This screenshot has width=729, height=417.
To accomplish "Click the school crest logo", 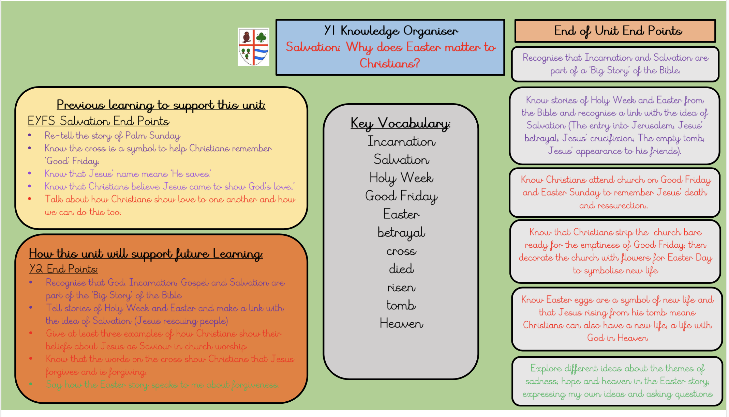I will (x=253, y=47).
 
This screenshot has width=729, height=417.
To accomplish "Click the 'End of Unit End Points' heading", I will (x=618, y=31).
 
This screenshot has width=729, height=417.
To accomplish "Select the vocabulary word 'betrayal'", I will (x=401, y=233).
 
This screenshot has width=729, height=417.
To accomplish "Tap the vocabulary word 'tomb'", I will (x=401, y=305).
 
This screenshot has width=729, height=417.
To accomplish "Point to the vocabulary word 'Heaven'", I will (x=401, y=323).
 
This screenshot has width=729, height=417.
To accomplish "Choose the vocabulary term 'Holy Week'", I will (x=401, y=178).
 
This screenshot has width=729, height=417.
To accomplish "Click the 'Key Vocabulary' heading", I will (x=400, y=123).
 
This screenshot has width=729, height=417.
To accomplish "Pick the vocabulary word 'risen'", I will (x=401, y=288).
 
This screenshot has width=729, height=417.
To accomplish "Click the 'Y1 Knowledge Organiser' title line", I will (x=391, y=31).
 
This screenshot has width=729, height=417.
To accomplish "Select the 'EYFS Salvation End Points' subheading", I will (x=98, y=121).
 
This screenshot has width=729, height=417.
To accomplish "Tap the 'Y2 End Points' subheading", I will (x=63, y=269).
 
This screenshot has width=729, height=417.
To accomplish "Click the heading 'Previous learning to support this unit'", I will (x=161, y=105).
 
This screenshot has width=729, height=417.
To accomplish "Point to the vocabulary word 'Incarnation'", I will (x=401, y=141).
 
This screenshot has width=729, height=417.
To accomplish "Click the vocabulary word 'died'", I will (x=401, y=269).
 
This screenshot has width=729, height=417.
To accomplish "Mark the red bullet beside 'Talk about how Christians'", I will (x=30, y=199).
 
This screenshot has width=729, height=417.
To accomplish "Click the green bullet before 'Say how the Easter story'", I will (x=31, y=384).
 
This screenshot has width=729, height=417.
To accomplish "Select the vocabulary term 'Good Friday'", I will (x=401, y=196).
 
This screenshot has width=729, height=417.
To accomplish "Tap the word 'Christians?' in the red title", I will (x=390, y=63).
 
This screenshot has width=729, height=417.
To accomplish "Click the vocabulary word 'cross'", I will (x=401, y=251).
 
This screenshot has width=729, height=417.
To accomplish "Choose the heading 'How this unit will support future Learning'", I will (x=146, y=254).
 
